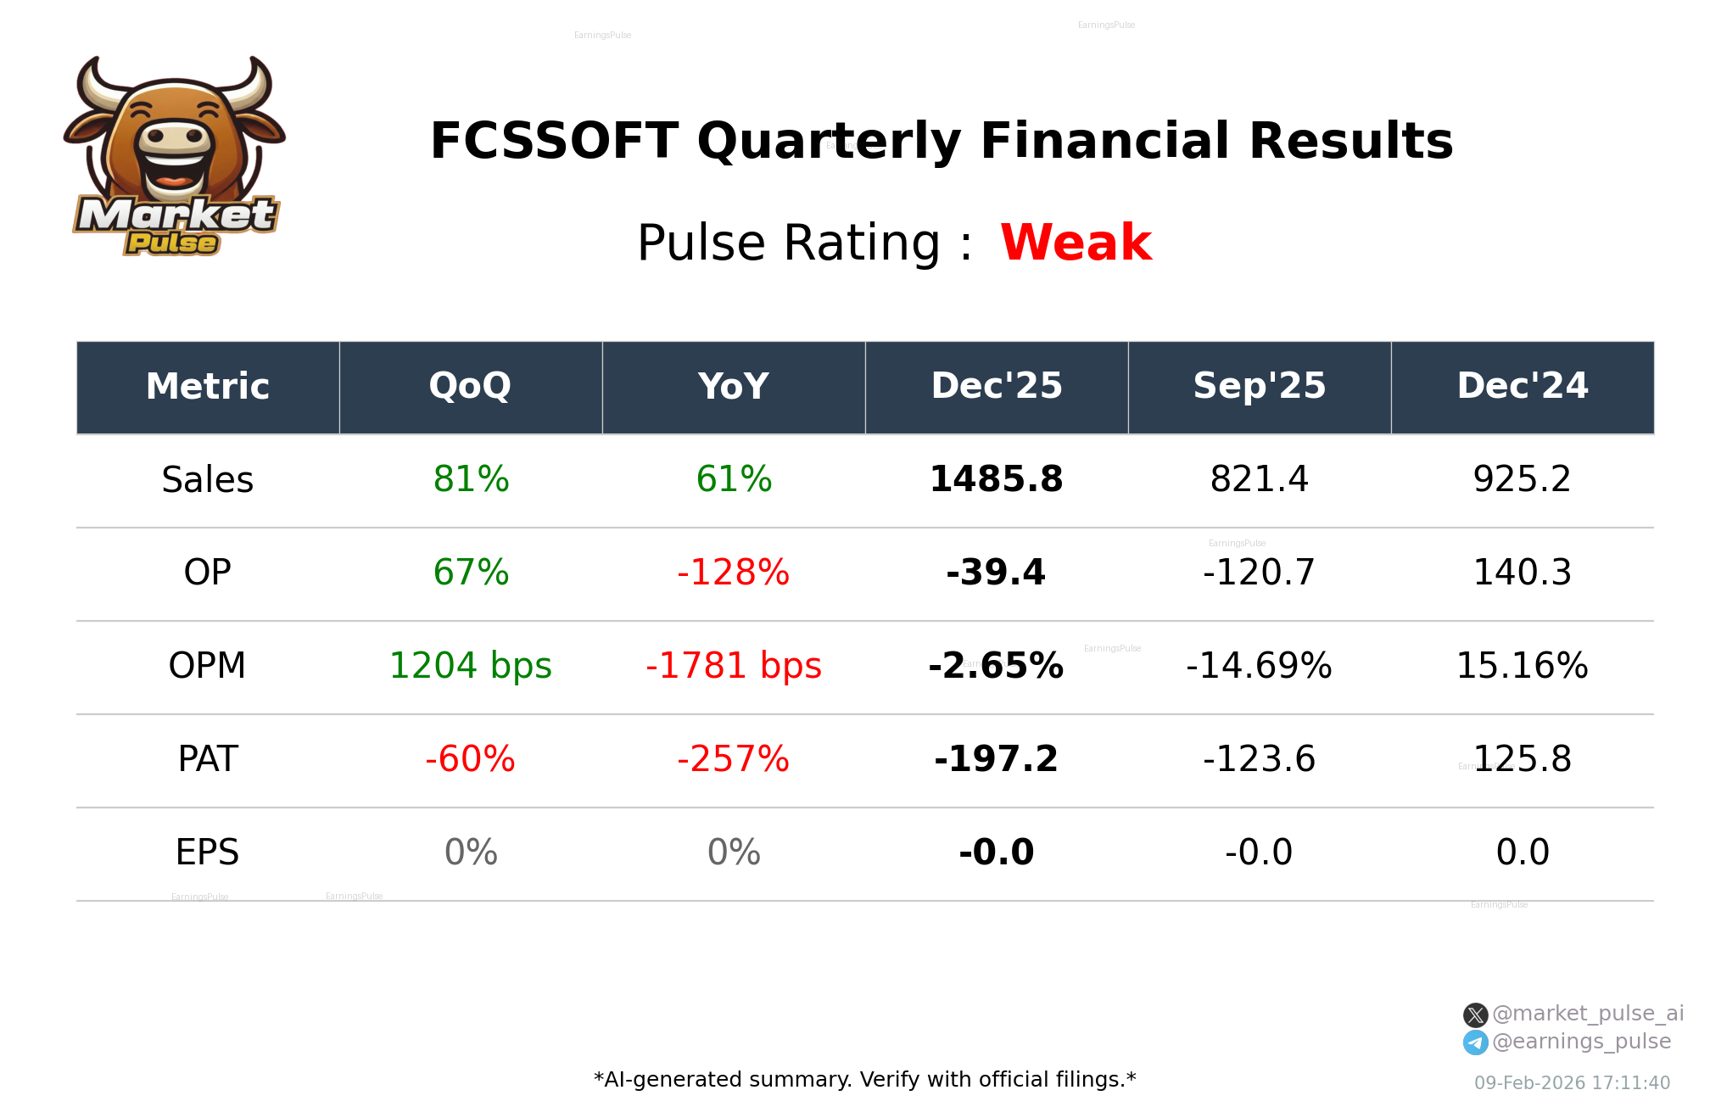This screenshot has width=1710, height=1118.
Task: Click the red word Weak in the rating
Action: click(1075, 243)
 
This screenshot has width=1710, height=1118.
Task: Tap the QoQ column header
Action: click(470, 387)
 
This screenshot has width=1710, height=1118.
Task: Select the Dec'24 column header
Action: click(1522, 387)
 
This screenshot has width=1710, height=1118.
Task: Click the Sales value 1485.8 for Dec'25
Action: click(996, 479)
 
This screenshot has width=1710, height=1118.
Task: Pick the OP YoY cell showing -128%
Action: click(733, 573)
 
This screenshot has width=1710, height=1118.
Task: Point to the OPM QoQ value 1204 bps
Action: click(470, 666)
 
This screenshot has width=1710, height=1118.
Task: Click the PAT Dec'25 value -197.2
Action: click(996, 759)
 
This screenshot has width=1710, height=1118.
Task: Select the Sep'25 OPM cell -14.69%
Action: click(1259, 666)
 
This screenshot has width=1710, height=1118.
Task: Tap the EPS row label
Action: click(207, 852)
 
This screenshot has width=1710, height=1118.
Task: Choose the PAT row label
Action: click(207, 759)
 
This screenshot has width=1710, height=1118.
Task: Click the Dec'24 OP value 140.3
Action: click(1522, 573)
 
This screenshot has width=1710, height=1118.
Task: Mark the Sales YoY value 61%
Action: click(733, 479)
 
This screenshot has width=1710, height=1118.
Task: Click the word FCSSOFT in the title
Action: click(554, 142)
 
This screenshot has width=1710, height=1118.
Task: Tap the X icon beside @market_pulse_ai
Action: click(1475, 1015)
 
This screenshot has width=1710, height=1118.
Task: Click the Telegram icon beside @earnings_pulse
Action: click(1475, 1043)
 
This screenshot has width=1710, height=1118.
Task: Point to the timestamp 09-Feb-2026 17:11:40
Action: click(1572, 1083)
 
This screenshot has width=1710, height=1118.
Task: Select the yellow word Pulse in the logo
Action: click(172, 243)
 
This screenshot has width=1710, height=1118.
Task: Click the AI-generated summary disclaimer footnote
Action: click(864, 1080)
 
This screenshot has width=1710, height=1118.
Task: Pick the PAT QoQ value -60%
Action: click(470, 759)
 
